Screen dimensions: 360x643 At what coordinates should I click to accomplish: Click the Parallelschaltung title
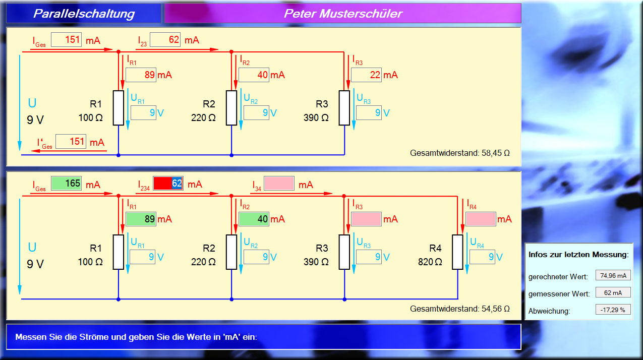click(x=84, y=14)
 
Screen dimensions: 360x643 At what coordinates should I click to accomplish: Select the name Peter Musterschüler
click(x=343, y=14)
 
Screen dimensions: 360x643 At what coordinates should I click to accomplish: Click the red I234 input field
click(x=168, y=184)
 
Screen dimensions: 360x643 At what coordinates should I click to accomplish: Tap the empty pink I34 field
click(x=279, y=184)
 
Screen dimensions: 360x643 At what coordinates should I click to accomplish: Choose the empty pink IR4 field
click(x=481, y=219)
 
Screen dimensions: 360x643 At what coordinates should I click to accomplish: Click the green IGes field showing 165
click(x=66, y=184)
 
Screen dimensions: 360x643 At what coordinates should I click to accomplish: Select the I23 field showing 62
click(x=165, y=40)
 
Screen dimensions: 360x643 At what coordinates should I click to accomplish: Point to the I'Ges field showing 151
click(x=71, y=142)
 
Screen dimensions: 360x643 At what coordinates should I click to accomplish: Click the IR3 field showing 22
click(x=366, y=75)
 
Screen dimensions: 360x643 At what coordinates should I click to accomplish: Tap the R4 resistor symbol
click(x=457, y=252)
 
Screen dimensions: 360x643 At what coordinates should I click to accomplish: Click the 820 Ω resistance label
click(x=430, y=262)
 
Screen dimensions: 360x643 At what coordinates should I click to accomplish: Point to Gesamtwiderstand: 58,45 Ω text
click(x=459, y=153)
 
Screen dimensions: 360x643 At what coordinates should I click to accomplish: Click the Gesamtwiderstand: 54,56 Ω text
click(x=459, y=309)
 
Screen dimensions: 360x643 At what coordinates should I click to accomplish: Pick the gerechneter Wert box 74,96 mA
click(x=613, y=275)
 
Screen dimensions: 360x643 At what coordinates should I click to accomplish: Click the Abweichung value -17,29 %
click(x=613, y=310)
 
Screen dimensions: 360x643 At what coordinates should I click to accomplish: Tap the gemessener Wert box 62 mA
click(x=613, y=292)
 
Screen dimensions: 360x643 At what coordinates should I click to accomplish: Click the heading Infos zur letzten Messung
click(x=578, y=255)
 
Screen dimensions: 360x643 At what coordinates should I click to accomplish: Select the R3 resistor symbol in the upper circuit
click(x=344, y=108)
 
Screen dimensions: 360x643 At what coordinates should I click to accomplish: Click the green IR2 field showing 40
click(x=254, y=219)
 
